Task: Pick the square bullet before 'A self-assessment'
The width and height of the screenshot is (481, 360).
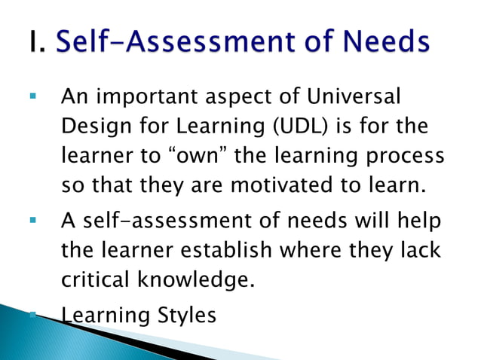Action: click(32, 223)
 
